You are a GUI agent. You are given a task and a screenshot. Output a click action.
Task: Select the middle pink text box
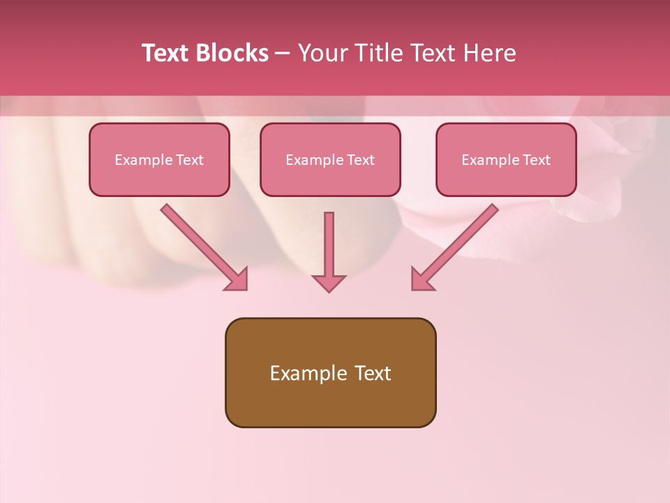click(x=330, y=178)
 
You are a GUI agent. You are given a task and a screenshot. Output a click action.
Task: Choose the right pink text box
click(x=506, y=178)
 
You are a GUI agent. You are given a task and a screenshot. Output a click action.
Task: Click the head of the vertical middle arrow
click(x=329, y=282)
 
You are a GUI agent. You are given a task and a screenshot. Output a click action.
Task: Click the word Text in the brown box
click(x=373, y=373)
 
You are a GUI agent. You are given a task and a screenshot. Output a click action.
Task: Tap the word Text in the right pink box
click(x=536, y=160)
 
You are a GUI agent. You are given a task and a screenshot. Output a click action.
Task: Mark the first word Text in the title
click(x=166, y=53)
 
